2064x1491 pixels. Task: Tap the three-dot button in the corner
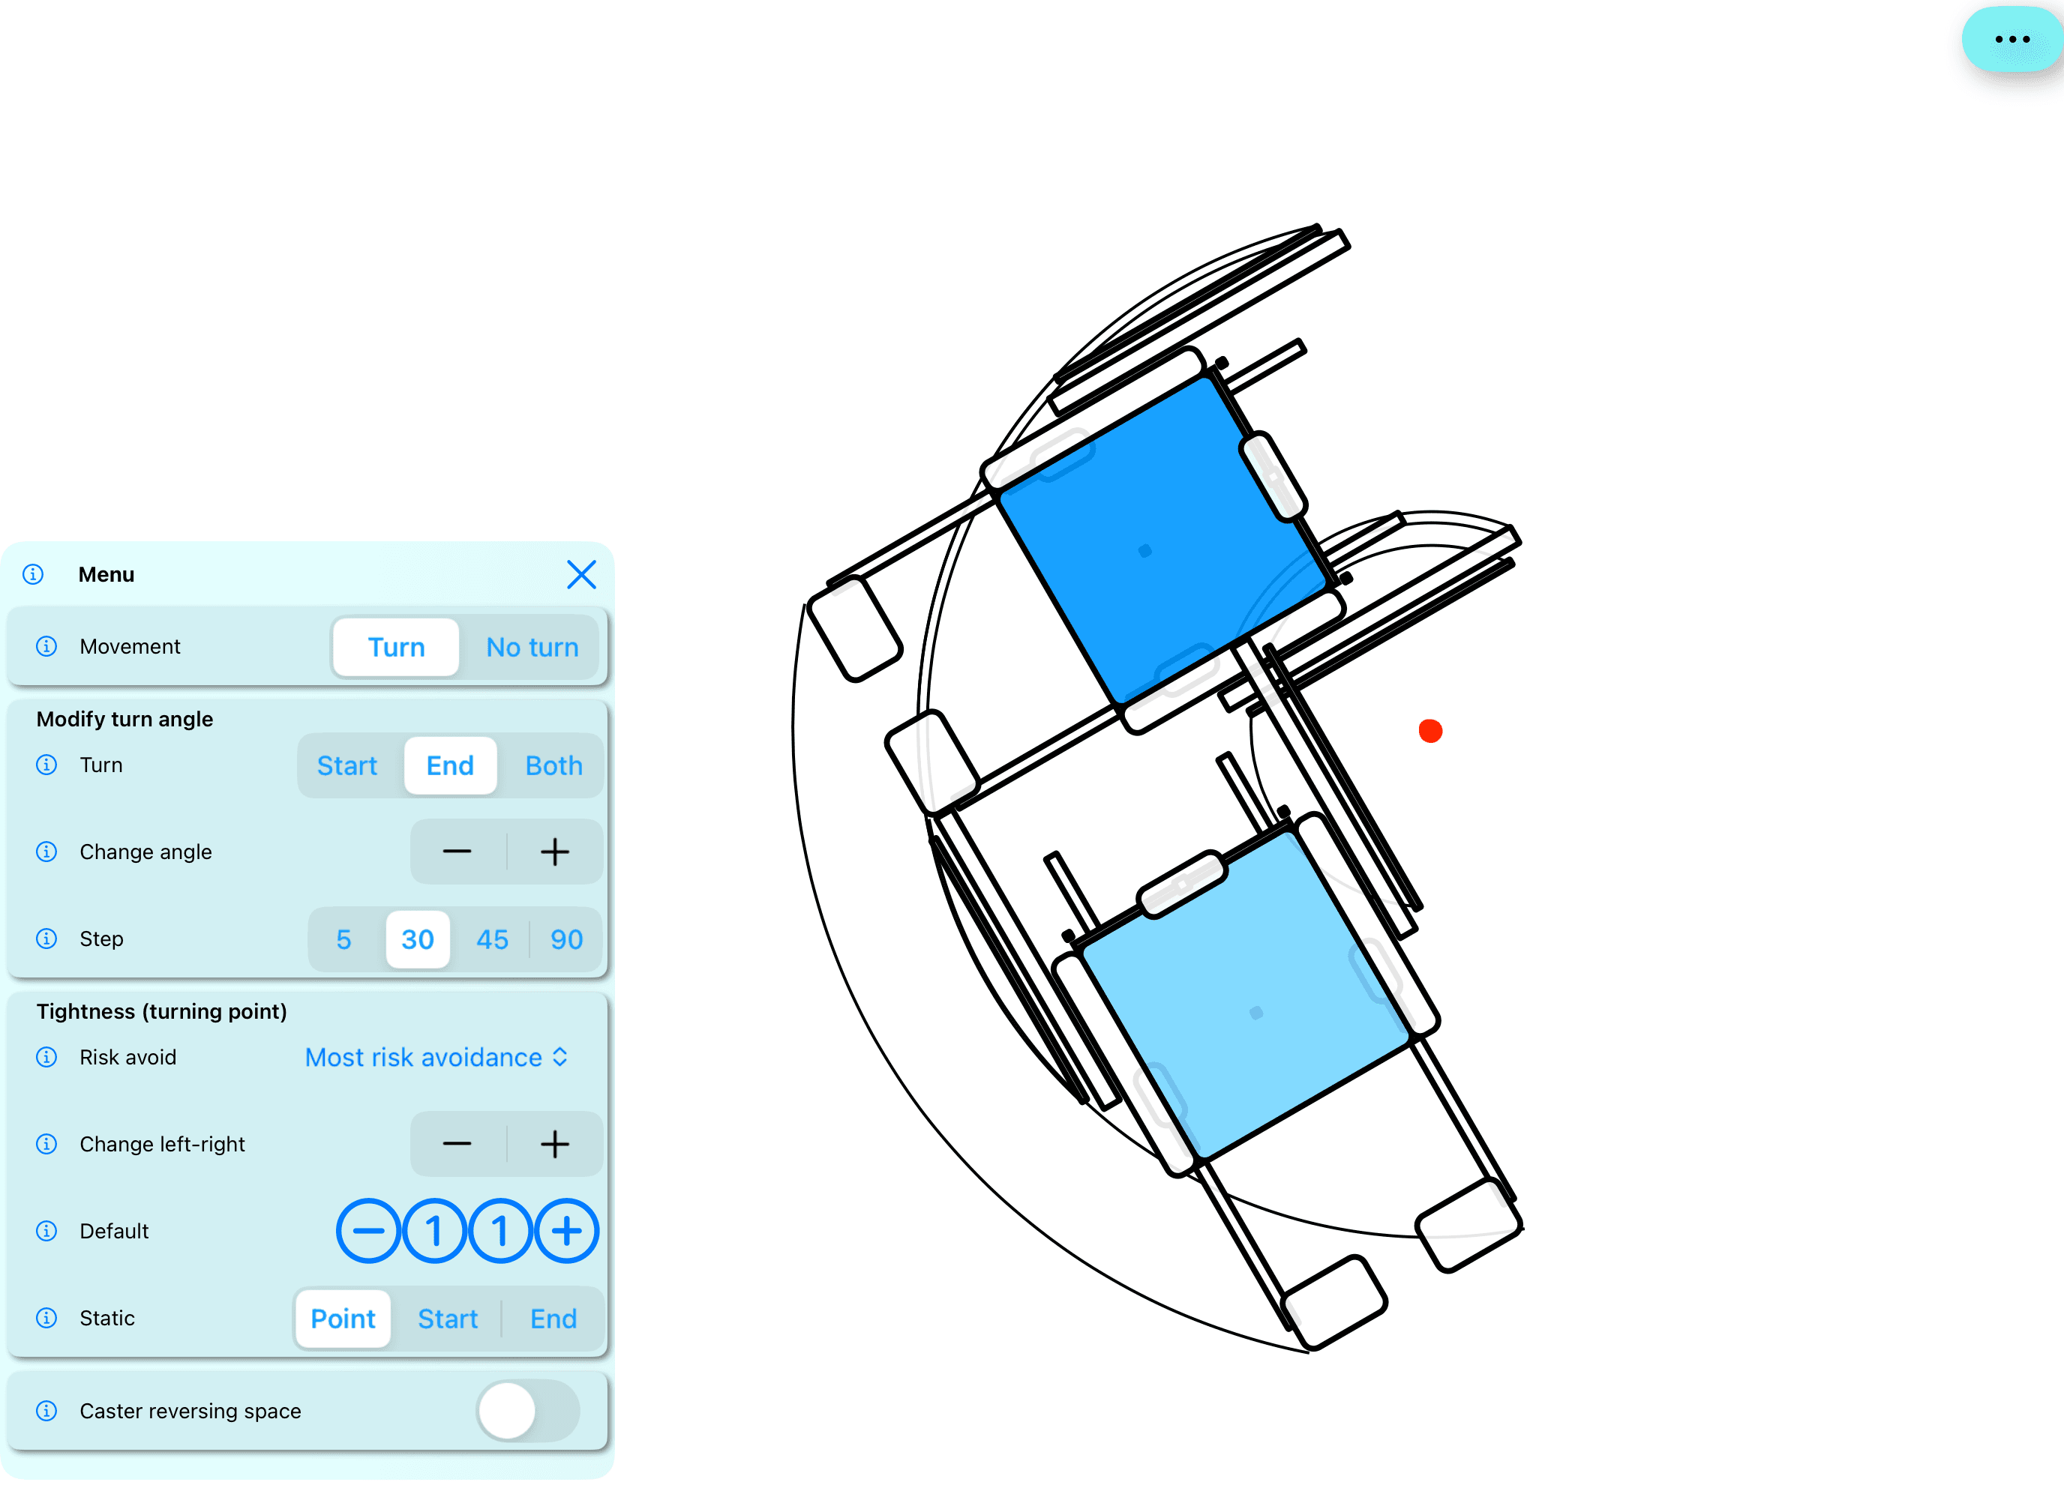2012,39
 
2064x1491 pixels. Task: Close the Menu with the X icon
581,574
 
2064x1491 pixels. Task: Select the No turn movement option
532,647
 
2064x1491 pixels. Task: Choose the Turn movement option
396,647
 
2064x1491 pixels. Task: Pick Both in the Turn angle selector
553,765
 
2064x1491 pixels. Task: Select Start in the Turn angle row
346,765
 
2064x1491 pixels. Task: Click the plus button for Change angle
554,852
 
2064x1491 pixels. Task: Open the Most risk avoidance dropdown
436,1057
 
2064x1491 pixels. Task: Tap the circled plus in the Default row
567,1231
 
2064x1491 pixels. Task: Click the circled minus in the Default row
367,1231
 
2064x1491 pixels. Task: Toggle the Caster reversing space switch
528,1410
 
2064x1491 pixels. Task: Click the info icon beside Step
46,938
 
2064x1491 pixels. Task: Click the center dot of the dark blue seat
1144,550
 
